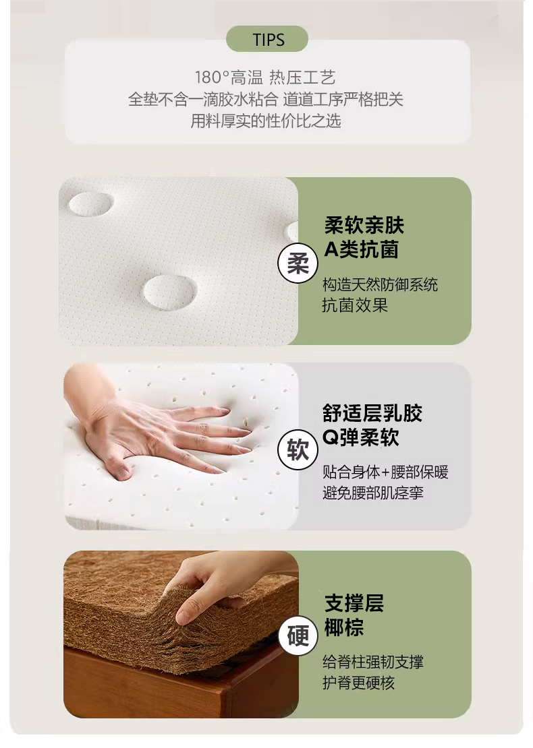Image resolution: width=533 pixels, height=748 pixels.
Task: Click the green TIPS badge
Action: click(267, 39)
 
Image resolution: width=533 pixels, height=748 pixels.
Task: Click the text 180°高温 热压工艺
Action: click(265, 77)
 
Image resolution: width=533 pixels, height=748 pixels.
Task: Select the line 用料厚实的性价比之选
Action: click(266, 121)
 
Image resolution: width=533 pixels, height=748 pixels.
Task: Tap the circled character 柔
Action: click(298, 263)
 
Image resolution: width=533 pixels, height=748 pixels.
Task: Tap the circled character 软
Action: click(298, 449)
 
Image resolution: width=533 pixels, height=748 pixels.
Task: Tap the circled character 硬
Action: click(298, 635)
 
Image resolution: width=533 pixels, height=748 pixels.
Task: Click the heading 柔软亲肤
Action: click(364, 225)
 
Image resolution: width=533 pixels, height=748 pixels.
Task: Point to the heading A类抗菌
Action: click(361, 249)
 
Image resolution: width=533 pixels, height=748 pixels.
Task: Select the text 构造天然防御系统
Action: click(380, 285)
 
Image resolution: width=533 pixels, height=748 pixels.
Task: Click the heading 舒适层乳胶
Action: click(372, 413)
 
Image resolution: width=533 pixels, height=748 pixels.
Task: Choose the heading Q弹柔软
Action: click(360, 437)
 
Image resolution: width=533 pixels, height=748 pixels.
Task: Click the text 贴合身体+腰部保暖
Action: click(385, 472)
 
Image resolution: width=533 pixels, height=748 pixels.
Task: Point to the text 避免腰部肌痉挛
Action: click(372, 493)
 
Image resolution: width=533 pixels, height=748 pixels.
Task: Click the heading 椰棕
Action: click(344, 627)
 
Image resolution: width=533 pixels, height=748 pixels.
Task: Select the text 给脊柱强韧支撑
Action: click(372, 662)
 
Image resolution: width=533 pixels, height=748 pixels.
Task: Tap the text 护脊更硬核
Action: click(358, 683)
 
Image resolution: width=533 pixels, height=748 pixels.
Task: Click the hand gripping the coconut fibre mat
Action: click(225, 587)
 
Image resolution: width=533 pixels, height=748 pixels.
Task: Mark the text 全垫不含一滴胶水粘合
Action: click(203, 99)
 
